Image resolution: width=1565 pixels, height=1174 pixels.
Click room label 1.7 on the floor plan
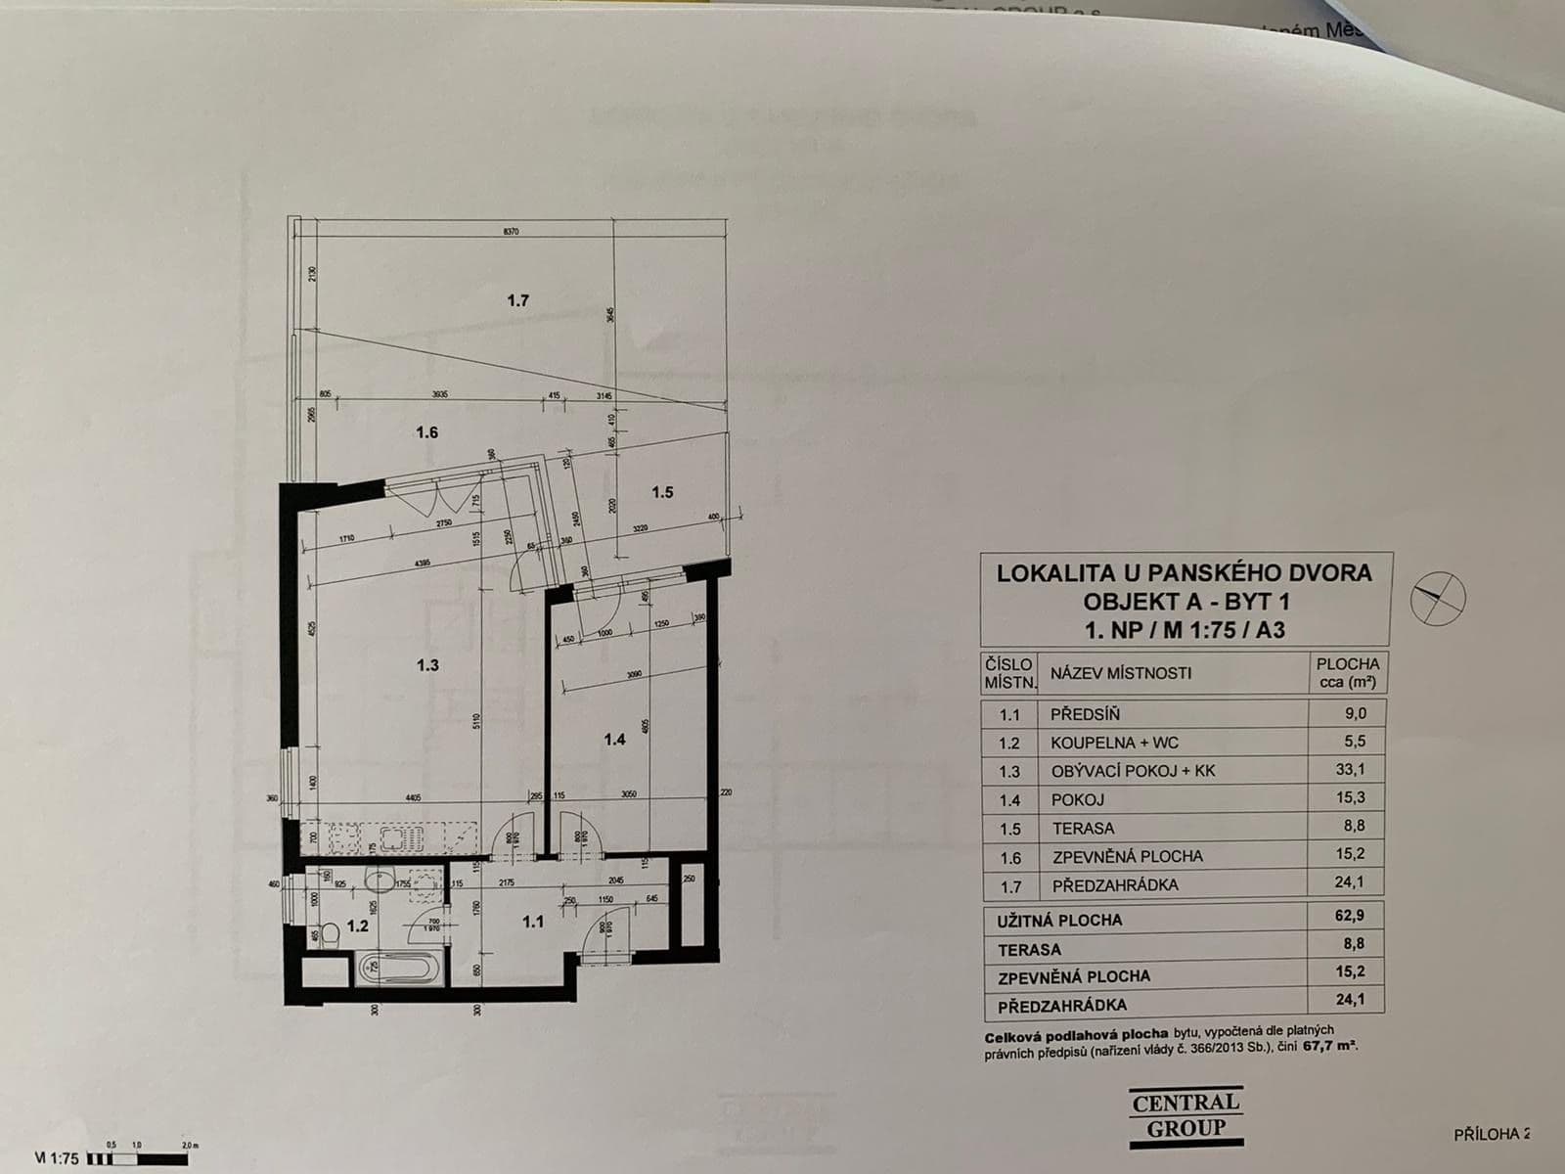click(x=517, y=300)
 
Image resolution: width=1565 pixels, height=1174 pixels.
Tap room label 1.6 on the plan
click(x=426, y=432)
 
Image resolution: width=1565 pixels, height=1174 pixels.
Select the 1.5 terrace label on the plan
click(x=662, y=492)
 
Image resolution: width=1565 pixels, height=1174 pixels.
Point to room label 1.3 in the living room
click(x=427, y=665)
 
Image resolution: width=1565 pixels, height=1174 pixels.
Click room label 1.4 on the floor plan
click(x=614, y=740)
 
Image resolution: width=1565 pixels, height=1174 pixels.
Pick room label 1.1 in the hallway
click(x=532, y=921)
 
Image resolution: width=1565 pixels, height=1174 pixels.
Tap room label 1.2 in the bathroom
click(x=358, y=926)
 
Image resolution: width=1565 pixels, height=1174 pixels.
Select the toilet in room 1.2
click(x=330, y=935)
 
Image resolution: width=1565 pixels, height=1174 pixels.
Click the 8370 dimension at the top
click(x=510, y=232)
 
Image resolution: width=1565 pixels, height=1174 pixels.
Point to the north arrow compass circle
click(x=1439, y=597)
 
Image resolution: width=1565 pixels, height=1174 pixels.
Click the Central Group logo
click(x=1186, y=1115)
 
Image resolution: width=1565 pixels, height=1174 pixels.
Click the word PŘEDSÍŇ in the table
click(x=1085, y=714)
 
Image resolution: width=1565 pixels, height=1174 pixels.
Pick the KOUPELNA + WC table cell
click(x=1115, y=743)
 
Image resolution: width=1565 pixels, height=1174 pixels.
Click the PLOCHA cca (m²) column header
click(x=1347, y=673)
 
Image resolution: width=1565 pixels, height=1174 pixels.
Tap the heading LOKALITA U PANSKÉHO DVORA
click(x=1185, y=574)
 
